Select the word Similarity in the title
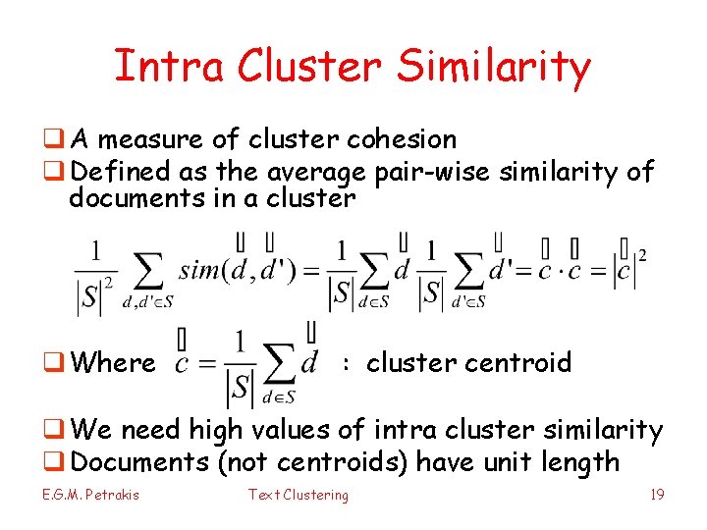495,66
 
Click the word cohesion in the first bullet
403,140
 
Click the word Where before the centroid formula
113,363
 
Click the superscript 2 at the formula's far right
642,256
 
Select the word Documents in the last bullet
139,461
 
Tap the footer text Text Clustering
298,495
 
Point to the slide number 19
657,495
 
